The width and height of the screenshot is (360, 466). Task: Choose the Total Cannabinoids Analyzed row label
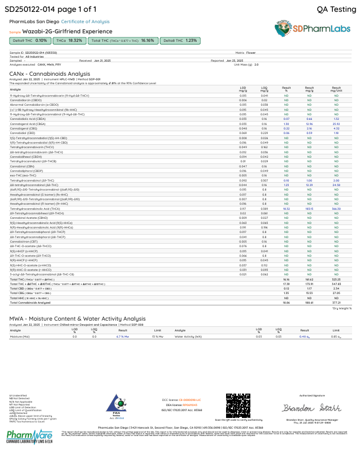click(30, 303)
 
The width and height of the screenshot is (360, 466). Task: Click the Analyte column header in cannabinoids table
click(15, 89)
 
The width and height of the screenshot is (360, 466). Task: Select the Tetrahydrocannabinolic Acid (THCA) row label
click(34, 209)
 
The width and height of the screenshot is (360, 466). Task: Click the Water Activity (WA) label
click(188, 336)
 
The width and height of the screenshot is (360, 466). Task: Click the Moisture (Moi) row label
click(19, 336)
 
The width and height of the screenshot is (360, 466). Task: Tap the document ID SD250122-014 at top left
click(29, 9)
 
